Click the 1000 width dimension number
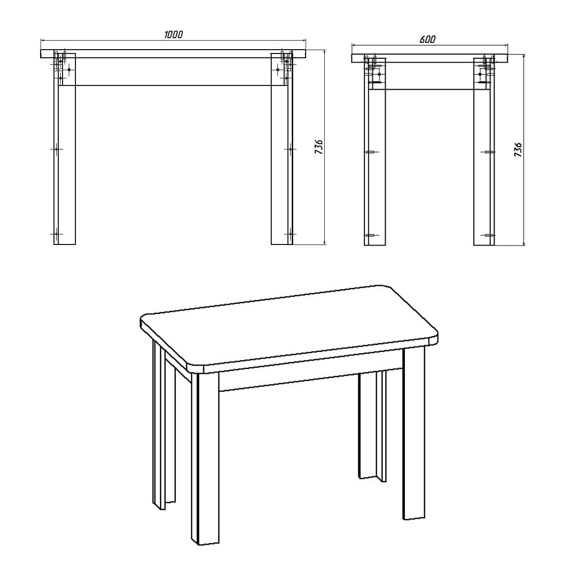[x=173, y=34]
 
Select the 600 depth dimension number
[x=427, y=39]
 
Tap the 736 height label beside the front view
[x=319, y=148]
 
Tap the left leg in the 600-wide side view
[x=374, y=167]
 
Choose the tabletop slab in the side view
[x=430, y=58]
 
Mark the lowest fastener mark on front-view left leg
[x=56, y=234]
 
